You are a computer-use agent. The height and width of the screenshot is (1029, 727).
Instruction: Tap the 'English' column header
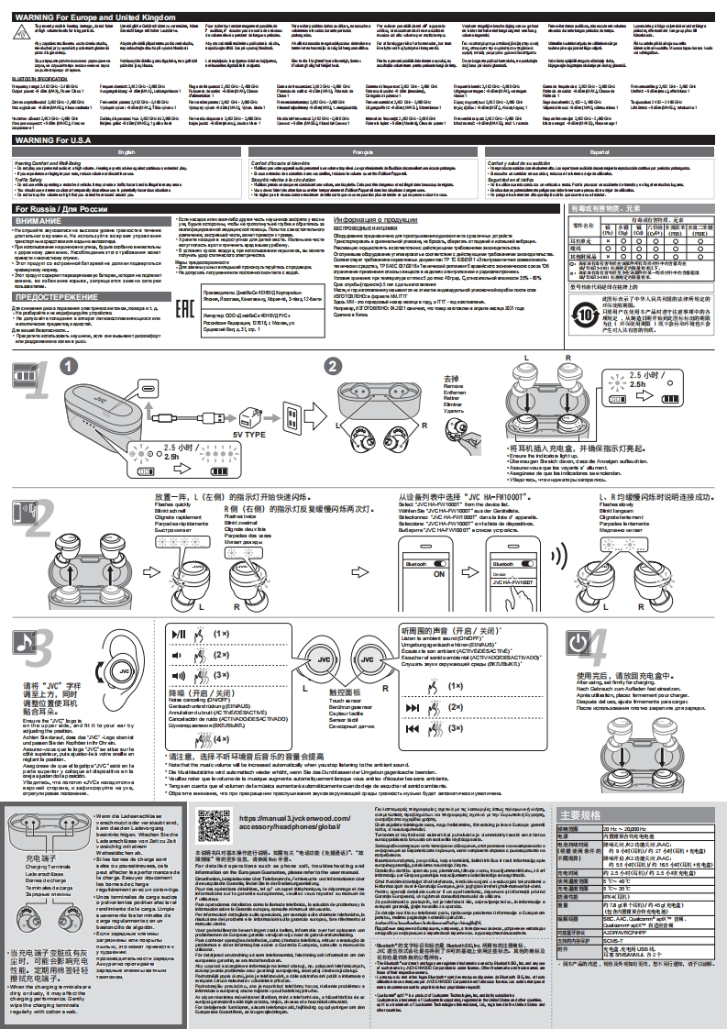click(127, 150)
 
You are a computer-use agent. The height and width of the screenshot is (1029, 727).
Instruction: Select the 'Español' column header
click(600, 150)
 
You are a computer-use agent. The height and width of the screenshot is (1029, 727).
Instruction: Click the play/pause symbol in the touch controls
click(181, 634)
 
